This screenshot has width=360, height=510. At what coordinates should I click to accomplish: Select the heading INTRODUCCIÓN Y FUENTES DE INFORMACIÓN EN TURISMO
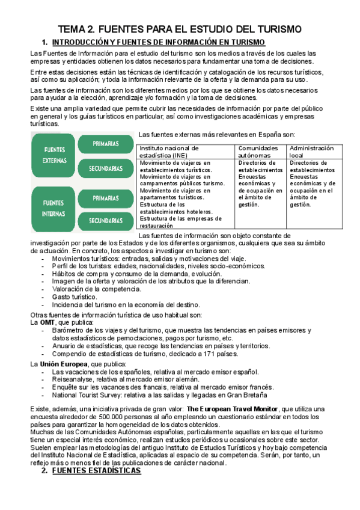(x=159, y=42)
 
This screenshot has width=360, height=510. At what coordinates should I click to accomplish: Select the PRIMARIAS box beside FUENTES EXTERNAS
(x=106, y=144)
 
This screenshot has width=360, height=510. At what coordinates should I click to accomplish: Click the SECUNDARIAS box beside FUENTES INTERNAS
(x=106, y=220)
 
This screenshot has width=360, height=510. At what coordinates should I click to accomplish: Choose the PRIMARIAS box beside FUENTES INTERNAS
(x=106, y=197)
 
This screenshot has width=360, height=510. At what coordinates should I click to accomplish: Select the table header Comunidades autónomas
(x=258, y=152)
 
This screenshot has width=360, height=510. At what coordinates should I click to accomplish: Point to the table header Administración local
(x=311, y=152)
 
